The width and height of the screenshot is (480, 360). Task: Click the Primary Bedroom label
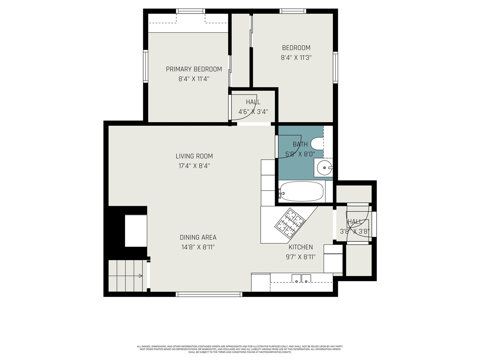[194, 69]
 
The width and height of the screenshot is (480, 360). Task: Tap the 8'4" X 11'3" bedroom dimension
[296, 58]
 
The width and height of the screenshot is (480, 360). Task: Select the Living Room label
[194, 156]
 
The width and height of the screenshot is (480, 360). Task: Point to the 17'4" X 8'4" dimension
[194, 166]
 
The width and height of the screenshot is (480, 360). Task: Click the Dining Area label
[198, 237]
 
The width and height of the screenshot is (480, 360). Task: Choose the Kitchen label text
[300, 247]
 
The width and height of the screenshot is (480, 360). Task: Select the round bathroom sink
[323, 168]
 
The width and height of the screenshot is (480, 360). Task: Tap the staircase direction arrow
[140, 276]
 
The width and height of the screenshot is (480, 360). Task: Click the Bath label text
[300, 144]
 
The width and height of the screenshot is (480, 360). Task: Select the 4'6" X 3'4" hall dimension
[253, 112]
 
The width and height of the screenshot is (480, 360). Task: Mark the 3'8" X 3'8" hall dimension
[355, 232]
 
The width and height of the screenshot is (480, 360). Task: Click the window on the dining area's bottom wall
[209, 294]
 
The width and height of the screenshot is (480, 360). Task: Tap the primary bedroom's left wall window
[145, 66]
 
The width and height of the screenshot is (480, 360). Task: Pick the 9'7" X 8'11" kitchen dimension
[300, 257]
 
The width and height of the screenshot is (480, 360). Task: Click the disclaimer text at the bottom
[240, 349]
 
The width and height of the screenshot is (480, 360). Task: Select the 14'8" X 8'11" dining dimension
[198, 247]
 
